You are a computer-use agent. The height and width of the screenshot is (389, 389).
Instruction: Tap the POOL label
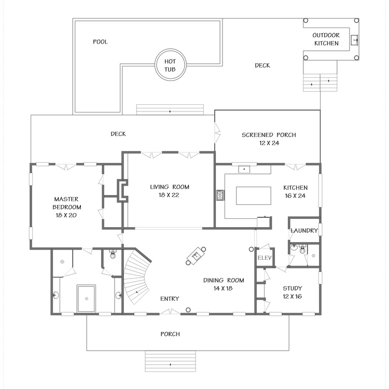point(100,41)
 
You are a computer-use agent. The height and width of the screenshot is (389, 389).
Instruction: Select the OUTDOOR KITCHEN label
point(326,39)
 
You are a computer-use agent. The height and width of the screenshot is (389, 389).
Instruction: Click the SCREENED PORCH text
point(269,135)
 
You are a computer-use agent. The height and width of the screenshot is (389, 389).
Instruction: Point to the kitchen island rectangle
point(253,196)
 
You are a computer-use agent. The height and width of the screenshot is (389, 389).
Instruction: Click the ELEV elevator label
point(265,258)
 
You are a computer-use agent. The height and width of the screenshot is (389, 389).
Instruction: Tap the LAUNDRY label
point(304,231)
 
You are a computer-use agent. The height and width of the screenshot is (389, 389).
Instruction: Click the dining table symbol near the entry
point(196,256)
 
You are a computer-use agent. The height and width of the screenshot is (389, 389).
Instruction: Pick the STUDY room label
point(293,288)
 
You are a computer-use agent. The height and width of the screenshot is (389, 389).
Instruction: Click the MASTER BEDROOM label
point(66,203)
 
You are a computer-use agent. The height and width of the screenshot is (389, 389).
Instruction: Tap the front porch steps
point(170,361)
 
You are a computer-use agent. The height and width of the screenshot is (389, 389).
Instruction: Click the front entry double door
point(170,312)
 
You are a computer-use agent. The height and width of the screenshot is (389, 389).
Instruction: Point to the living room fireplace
point(122,190)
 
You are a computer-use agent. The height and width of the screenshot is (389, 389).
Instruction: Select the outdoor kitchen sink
point(355,40)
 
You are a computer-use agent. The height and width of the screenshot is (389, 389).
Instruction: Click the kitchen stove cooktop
point(220,195)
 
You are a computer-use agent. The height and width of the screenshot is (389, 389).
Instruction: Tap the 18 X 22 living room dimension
point(169,195)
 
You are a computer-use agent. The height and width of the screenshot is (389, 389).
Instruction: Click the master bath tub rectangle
point(86,298)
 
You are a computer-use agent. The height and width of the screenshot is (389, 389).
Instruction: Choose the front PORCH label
point(170,334)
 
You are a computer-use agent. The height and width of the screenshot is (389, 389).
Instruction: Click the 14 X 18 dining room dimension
point(223,288)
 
